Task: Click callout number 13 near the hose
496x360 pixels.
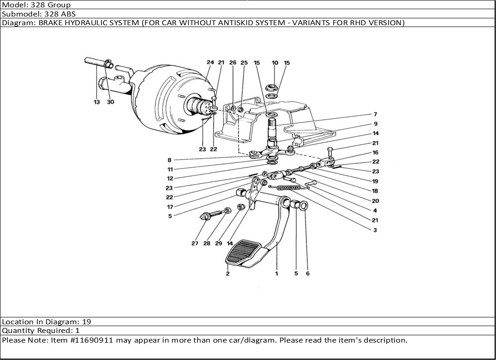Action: point(97,102)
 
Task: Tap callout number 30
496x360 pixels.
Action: point(110,102)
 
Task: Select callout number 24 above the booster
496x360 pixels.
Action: point(210,63)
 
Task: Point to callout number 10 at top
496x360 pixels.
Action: point(275,63)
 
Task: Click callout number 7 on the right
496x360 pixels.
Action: point(375,115)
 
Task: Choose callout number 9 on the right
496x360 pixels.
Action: point(375,124)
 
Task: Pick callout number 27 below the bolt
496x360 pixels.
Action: point(195,244)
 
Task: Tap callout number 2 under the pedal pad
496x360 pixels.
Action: point(228,274)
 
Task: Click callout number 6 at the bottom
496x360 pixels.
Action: point(308,274)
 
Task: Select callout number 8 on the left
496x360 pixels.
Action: point(169,160)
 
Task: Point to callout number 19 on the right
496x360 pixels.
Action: point(375,181)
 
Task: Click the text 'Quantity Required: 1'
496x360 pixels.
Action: point(41,331)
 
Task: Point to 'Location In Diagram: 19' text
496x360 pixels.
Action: point(46,322)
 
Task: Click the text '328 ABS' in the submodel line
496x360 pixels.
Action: point(60,14)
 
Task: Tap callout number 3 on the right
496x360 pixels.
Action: point(375,230)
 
